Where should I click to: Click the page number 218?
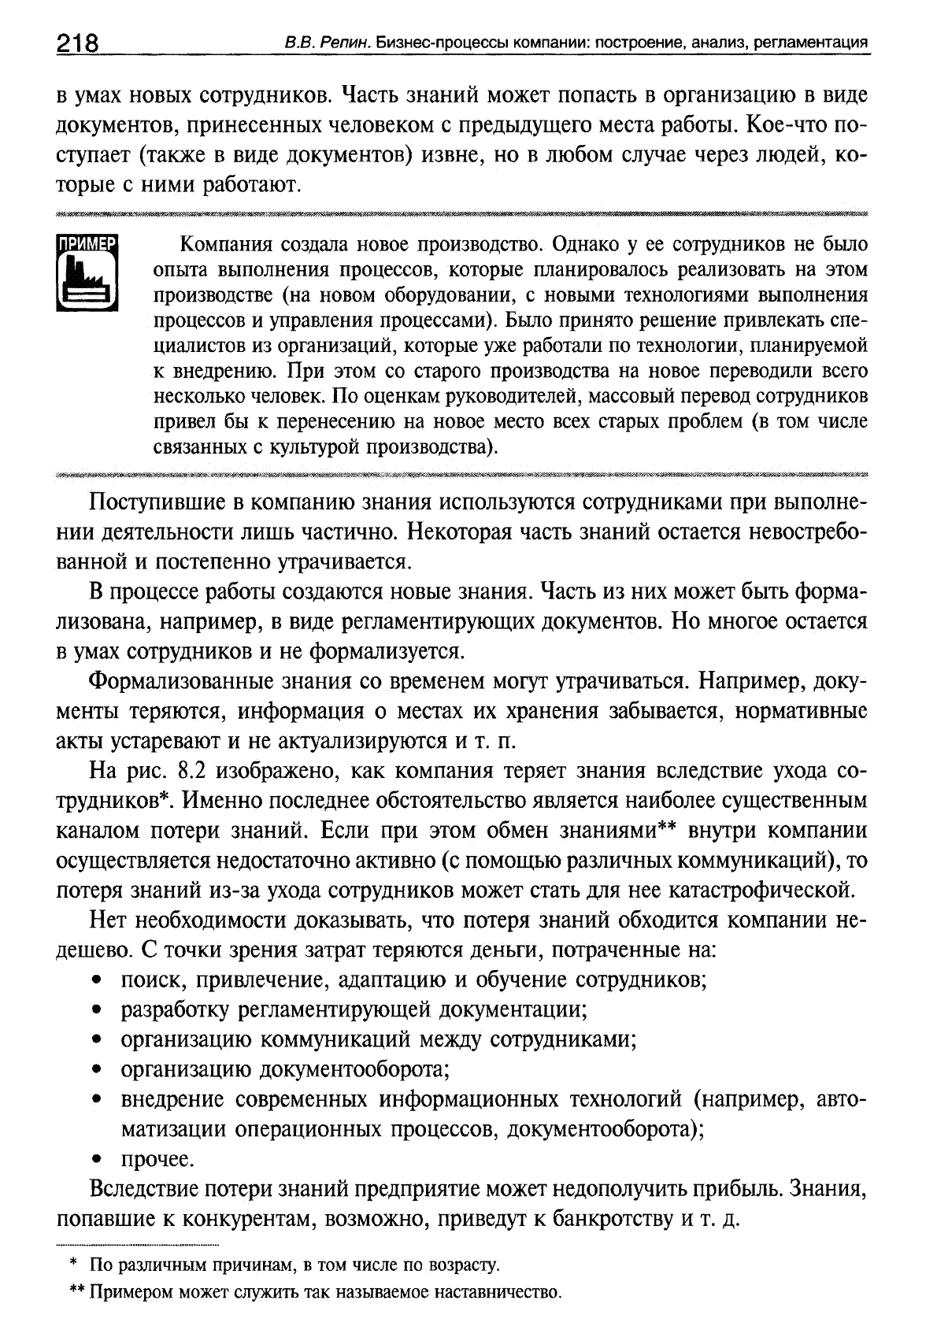coord(77,43)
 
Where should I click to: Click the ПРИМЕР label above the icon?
coord(87,243)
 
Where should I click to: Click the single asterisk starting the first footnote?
coord(73,1264)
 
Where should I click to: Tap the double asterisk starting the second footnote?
coord(77,1292)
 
